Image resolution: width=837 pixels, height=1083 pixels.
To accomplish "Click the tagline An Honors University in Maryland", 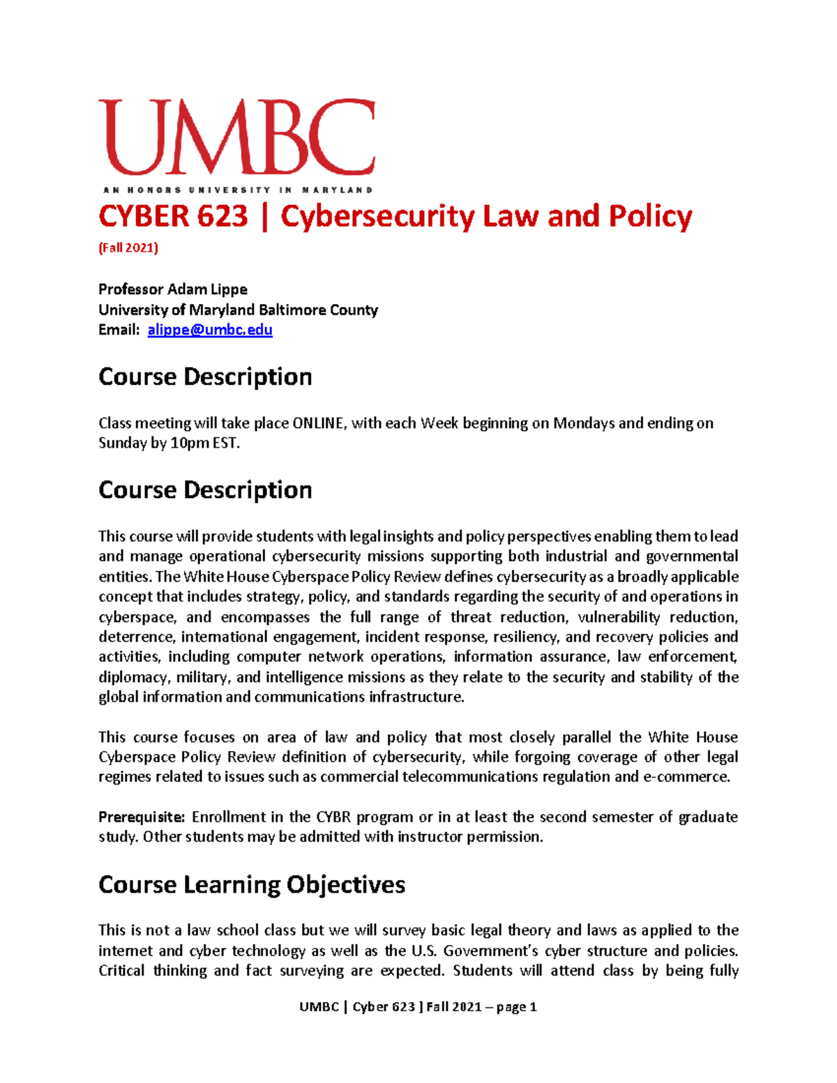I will (x=237, y=190).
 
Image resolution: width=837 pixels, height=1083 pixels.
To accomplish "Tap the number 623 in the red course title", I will (x=223, y=216).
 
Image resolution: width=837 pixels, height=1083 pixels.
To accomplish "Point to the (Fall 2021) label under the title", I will (x=128, y=248).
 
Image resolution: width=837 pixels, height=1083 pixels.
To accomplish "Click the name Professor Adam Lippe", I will (x=173, y=289).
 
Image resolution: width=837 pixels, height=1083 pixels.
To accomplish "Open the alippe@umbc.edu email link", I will (x=210, y=329).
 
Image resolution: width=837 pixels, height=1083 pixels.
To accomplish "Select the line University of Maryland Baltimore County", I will (x=238, y=310).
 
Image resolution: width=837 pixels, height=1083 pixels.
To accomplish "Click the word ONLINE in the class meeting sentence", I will (x=318, y=423).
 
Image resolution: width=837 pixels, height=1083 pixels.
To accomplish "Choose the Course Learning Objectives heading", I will (x=252, y=884).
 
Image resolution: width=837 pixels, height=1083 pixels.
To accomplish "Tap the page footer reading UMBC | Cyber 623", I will (x=418, y=1006).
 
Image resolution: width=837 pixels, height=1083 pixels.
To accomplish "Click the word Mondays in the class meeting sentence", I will (x=584, y=423).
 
